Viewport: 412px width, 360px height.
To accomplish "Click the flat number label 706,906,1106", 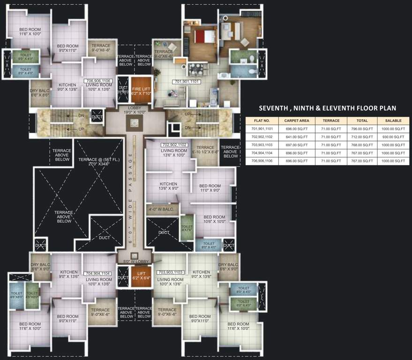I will [98, 81].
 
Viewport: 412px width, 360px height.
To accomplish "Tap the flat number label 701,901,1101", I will [187, 82].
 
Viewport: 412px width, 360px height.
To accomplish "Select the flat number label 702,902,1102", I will [174, 145].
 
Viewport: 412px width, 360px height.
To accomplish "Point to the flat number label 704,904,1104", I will [98, 273].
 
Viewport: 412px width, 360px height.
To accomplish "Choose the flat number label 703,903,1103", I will [170, 272].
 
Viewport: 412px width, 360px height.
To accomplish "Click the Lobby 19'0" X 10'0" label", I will [135, 111].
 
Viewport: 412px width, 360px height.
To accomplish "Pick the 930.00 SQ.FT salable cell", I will [393, 136].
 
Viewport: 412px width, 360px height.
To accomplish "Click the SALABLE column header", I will [393, 120].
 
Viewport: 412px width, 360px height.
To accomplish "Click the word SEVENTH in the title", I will [276, 108].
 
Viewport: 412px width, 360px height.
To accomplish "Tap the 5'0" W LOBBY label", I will [135, 262].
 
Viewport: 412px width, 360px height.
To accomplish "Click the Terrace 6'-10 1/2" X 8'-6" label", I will [205, 150].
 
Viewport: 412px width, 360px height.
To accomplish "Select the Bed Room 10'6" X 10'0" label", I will [214, 219].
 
